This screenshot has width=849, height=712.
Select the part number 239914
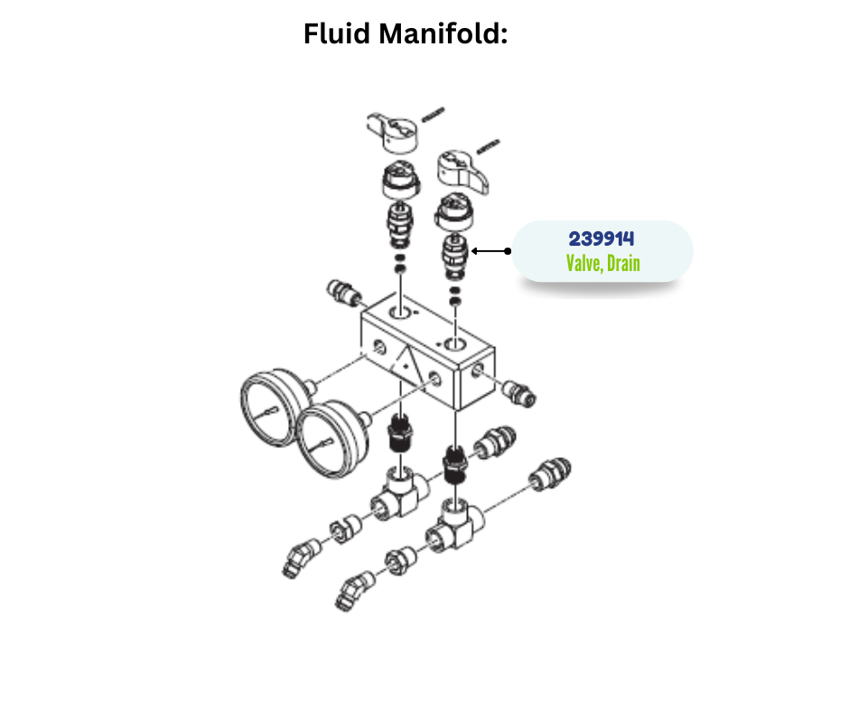click(x=602, y=239)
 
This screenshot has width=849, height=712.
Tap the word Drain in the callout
click(x=623, y=264)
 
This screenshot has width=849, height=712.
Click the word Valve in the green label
click(x=584, y=264)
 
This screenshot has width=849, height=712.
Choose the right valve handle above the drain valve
click(x=463, y=171)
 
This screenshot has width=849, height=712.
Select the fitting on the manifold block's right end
click(x=518, y=392)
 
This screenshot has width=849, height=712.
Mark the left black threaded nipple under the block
click(x=398, y=435)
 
